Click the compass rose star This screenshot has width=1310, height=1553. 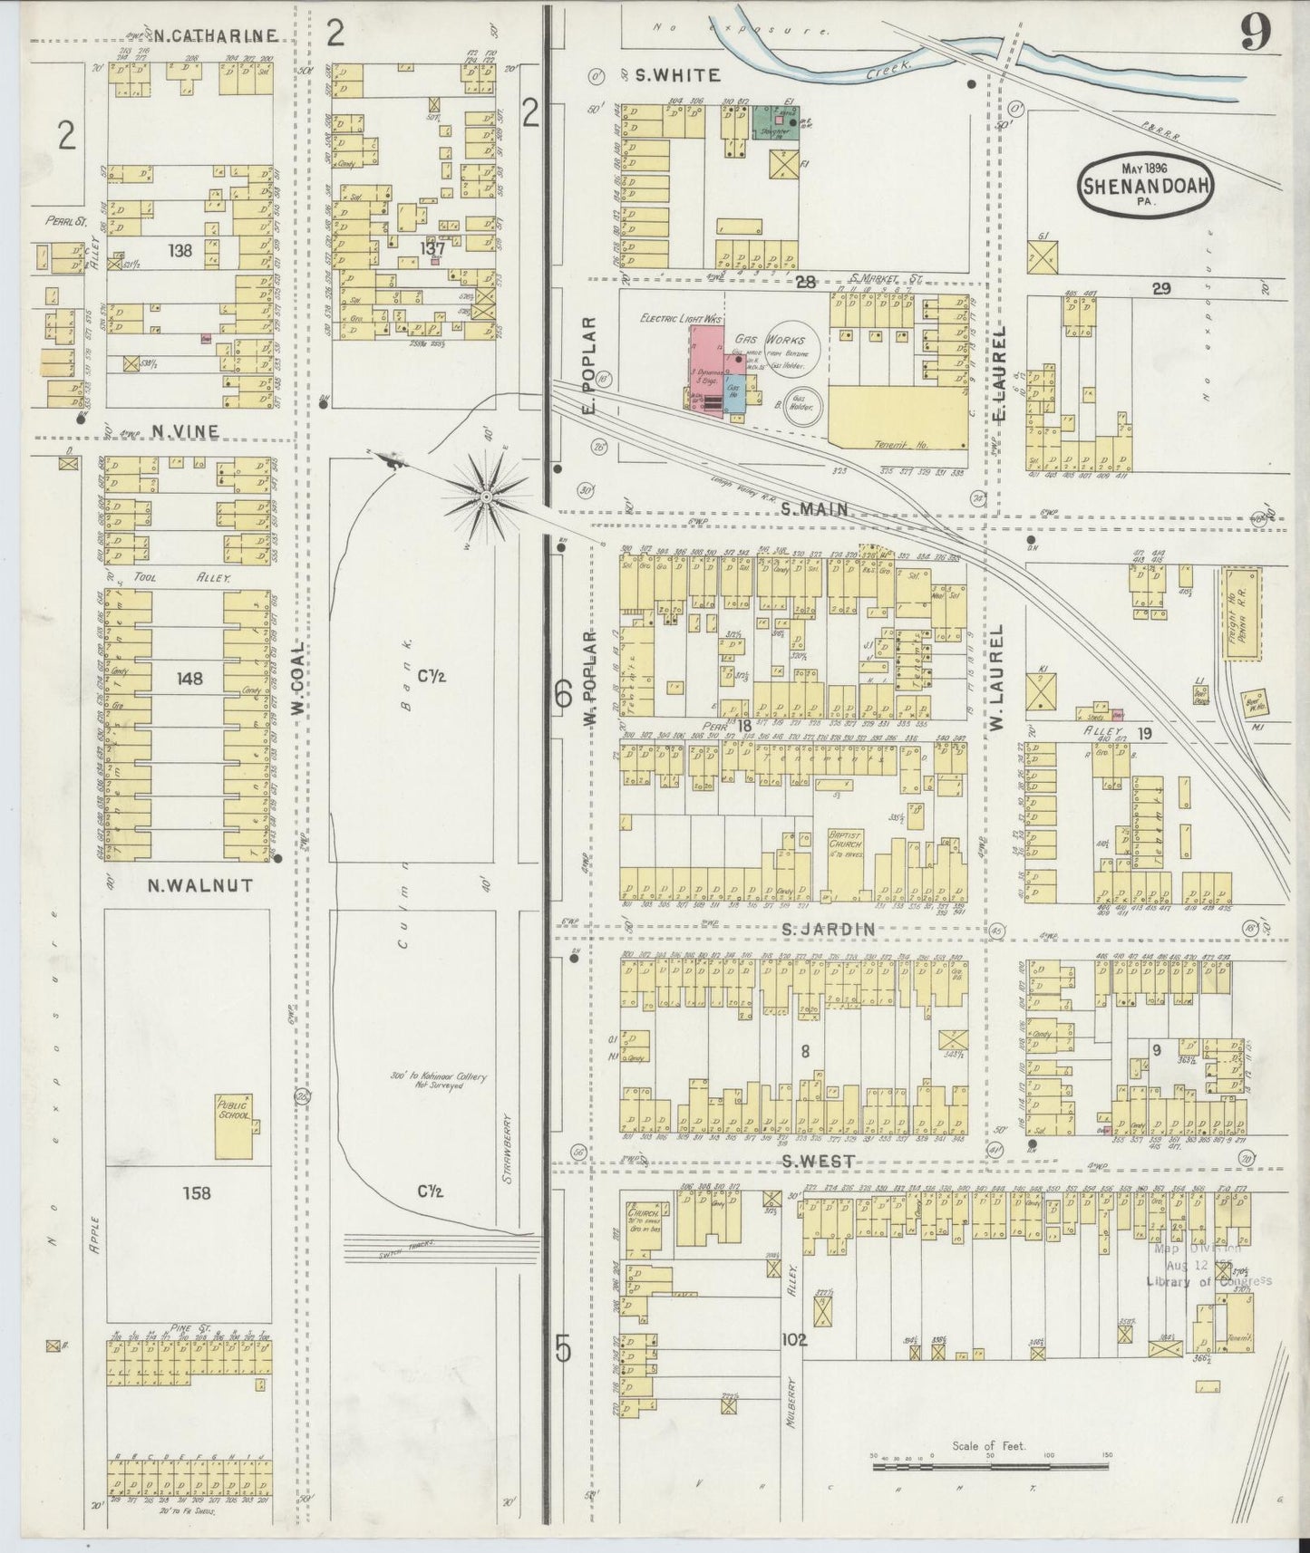[x=487, y=497]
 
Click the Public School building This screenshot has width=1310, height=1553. [x=235, y=1125]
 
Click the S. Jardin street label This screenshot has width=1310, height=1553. [x=829, y=929]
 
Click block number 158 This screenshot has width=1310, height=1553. [x=196, y=1192]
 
